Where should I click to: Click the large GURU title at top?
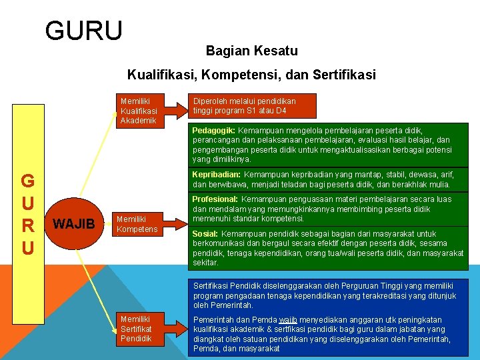(84, 31)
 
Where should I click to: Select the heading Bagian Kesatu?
(251, 51)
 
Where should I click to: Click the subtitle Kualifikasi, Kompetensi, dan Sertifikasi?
(251, 75)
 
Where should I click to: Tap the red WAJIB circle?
(73, 223)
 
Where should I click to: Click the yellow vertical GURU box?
(28, 214)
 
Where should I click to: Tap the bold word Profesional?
(215, 199)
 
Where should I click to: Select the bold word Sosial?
(205, 234)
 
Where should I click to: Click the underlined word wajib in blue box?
(288, 320)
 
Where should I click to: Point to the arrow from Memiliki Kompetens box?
(175, 223)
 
